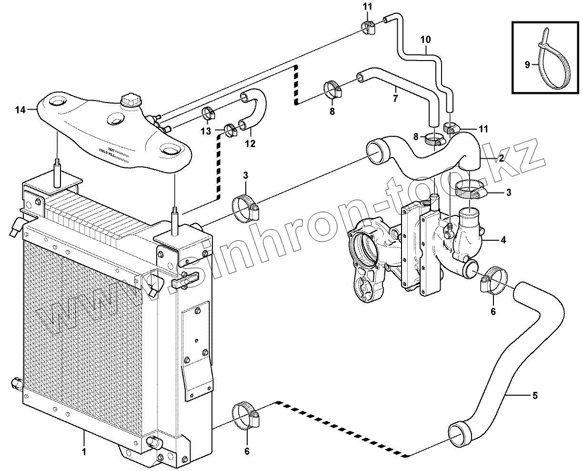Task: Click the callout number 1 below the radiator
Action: (84, 451)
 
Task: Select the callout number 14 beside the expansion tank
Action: (20, 110)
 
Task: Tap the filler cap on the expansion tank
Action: (130, 101)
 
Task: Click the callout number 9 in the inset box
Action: (527, 65)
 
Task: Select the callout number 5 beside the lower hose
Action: (535, 395)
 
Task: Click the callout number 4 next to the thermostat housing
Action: (503, 240)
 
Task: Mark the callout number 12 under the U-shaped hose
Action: (250, 143)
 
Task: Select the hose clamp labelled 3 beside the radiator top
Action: (245, 209)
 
